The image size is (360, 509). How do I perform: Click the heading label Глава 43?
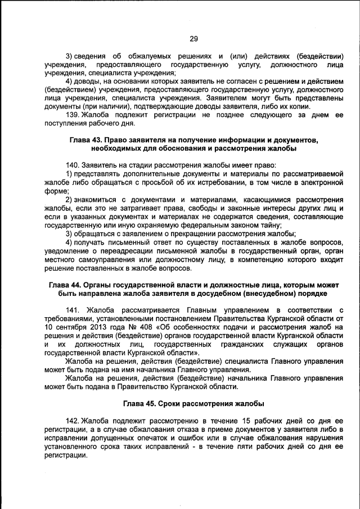(x=86, y=139)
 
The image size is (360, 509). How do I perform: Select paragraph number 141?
(x=73, y=310)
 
